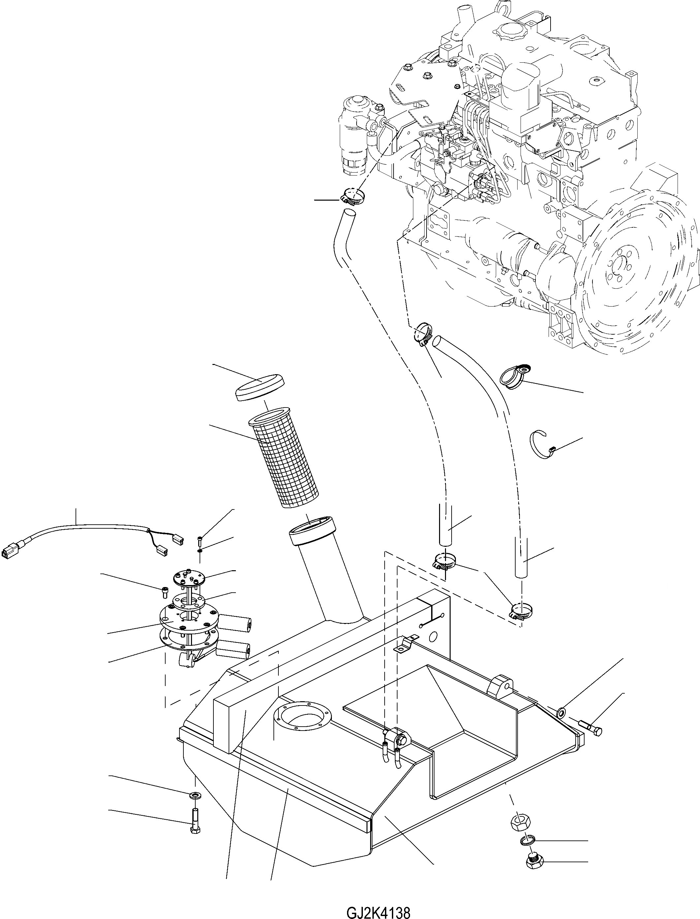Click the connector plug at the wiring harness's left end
pos(9,553)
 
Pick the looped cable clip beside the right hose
pos(515,376)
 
